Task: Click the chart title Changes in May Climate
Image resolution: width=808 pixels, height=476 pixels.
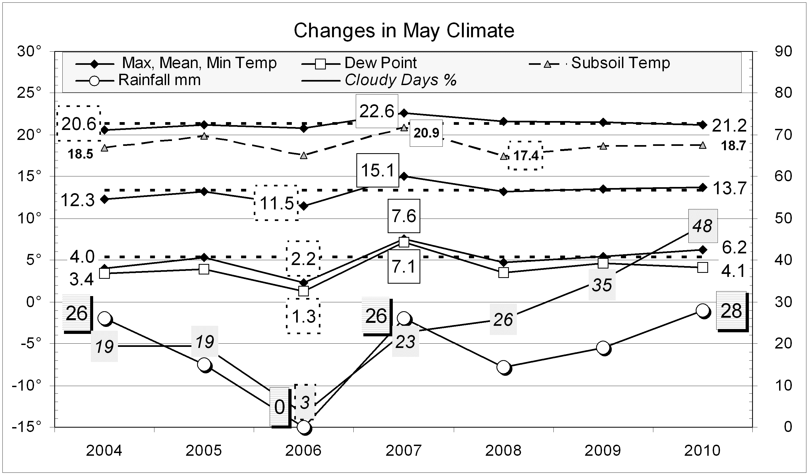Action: (x=404, y=31)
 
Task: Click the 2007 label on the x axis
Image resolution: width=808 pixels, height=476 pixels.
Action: (x=403, y=451)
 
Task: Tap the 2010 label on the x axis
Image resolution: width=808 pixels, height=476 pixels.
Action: (x=702, y=451)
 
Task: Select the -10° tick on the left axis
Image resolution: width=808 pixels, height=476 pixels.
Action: (x=27, y=386)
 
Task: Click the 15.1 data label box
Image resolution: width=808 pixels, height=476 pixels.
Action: (x=378, y=170)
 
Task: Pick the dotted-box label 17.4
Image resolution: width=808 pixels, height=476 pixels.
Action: (x=526, y=156)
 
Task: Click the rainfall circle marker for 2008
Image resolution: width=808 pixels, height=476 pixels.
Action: (x=503, y=367)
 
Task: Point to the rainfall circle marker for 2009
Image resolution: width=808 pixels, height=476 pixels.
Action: (x=603, y=348)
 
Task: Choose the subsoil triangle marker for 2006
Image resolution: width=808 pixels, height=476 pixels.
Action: (x=304, y=156)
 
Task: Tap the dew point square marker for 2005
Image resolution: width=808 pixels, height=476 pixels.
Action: (x=204, y=269)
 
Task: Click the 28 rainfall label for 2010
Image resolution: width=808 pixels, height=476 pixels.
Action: (x=731, y=310)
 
